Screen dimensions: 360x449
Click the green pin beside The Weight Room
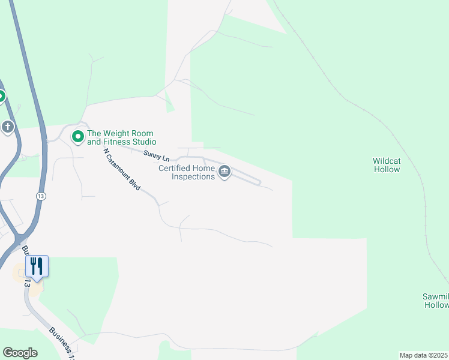(x=78, y=137)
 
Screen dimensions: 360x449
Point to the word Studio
(x=144, y=142)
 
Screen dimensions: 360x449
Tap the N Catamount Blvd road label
(x=121, y=169)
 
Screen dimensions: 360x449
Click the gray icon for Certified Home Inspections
(x=224, y=172)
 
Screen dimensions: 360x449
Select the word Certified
(x=179, y=168)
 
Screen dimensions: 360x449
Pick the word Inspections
(x=193, y=177)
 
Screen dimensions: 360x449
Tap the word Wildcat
(x=387, y=161)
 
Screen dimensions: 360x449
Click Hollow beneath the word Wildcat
(x=387, y=170)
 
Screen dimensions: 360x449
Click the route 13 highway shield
(x=41, y=196)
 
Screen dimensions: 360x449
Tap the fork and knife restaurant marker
(x=37, y=266)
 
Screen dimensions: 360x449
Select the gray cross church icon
(x=7, y=127)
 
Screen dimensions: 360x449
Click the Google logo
(x=20, y=353)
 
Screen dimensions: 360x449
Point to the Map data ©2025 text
(x=423, y=355)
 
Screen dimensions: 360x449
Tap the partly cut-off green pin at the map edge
(x=2, y=96)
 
